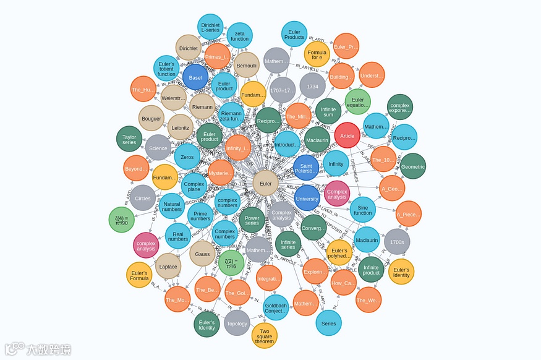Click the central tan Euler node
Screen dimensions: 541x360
pos(265,184)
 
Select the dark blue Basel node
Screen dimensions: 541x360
pos(195,78)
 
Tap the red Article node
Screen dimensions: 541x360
pos(347,135)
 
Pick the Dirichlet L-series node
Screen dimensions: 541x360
pos(211,27)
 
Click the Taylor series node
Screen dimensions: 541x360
pos(129,140)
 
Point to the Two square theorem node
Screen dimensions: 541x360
pos(265,336)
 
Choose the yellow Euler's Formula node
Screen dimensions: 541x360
pos(139,275)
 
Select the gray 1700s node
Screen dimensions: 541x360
pos(397,242)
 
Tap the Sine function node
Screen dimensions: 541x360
pos(363,209)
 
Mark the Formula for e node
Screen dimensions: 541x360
pos(317,54)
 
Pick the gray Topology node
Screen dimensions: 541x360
pos(237,324)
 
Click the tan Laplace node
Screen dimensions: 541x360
pos(168,267)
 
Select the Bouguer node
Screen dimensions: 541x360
pos(151,119)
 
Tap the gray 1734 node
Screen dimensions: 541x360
pos(312,87)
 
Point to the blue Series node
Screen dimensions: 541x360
pos(328,324)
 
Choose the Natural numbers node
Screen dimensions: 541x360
pos(172,207)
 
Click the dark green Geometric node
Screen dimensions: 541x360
pos(413,166)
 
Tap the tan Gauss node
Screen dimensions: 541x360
pos(203,254)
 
